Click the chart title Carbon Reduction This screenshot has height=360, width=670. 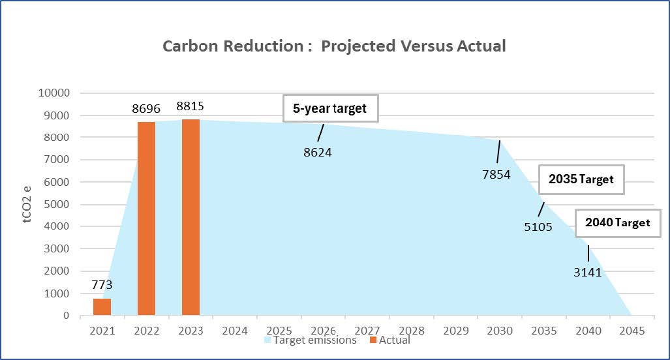pyautogui.click(x=334, y=46)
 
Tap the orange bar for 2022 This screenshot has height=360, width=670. pyautogui.click(x=146, y=218)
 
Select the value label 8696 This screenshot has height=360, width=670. pyautogui.click(x=146, y=109)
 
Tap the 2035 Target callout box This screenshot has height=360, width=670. pyautogui.click(x=581, y=179)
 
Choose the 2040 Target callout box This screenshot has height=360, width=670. pyautogui.click(x=617, y=223)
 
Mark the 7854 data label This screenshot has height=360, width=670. pyautogui.click(x=496, y=175)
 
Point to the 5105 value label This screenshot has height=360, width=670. pyautogui.click(x=538, y=228)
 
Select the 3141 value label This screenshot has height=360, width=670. pyautogui.click(x=587, y=273)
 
